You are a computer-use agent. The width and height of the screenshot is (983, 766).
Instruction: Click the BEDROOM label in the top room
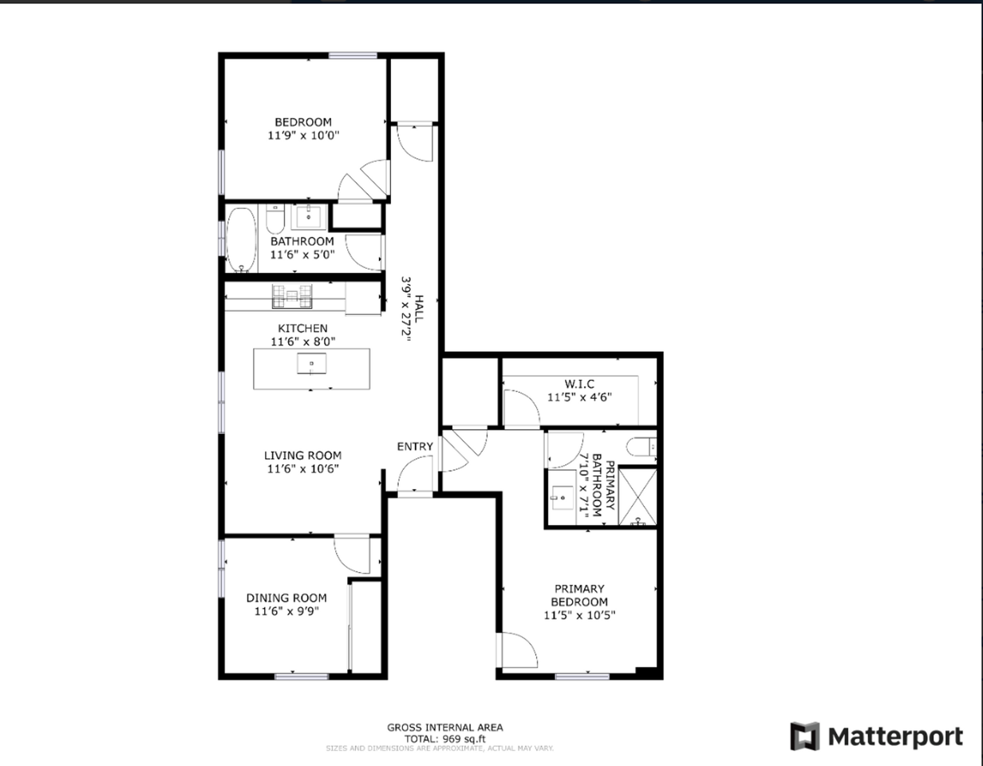[x=302, y=122]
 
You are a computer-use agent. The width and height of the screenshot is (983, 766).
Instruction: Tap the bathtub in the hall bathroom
[x=241, y=239]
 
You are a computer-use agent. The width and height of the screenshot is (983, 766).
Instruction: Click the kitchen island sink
[x=311, y=365]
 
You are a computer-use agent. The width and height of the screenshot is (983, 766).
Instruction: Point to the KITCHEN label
[x=302, y=328]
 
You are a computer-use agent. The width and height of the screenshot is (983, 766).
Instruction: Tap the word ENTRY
[x=415, y=447]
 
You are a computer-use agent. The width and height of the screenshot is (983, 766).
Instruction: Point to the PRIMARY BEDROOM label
[x=579, y=595]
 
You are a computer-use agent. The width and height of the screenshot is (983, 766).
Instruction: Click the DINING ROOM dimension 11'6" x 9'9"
[x=286, y=612]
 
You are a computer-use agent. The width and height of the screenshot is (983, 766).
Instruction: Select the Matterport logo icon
[x=804, y=736]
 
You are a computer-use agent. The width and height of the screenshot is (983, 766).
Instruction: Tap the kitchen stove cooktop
[x=290, y=296]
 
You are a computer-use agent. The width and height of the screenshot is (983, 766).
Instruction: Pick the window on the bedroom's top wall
[x=353, y=55]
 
